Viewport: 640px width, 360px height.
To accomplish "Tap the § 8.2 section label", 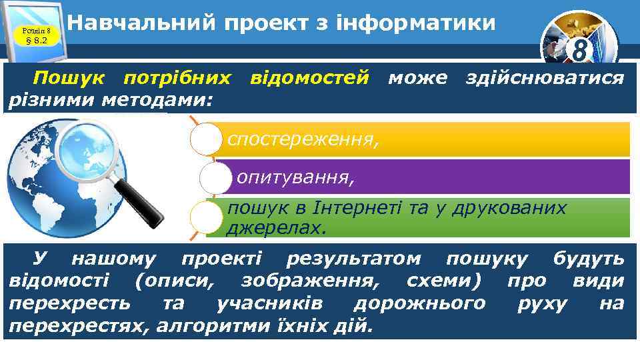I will (x=35, y=40).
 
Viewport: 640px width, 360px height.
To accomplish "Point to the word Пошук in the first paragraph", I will (x=73, y=79).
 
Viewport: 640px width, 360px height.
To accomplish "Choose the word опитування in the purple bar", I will (x=295, y=177).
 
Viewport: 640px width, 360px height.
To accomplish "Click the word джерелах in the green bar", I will (x=275, y=229).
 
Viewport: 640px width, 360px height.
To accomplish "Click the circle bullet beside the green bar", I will (x=206, y=217).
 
